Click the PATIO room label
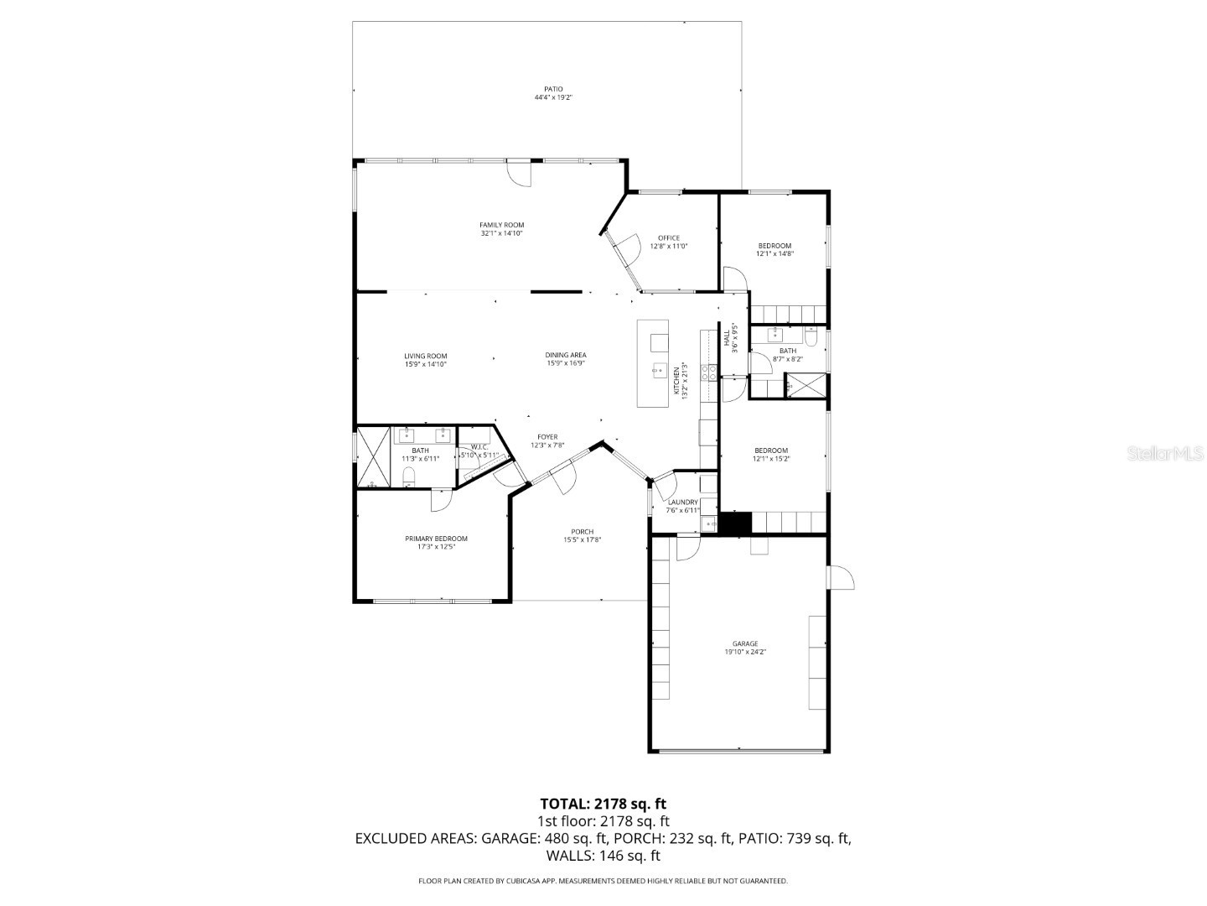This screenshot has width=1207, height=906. pyautogui.click(x=553, y=89)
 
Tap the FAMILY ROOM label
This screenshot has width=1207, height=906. pyautogui.click(x=501, y=225)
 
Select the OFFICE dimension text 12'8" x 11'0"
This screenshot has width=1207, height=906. pyautogui.click(x=668, y=247)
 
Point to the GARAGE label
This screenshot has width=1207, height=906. pyautogui.click(x=745, y=643)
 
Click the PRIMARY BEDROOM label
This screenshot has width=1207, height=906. pyautogui.click(x=436, y=539)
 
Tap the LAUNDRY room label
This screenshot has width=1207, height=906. pyautogui.click(x=682, y=502)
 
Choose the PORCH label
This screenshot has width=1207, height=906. pyautogui.click(x=582, y=532)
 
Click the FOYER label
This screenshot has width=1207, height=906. pyautogui.click(x=547, y=437)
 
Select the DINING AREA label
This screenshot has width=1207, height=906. pyautogui.click(x=566, y=355)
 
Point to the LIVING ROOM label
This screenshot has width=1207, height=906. pyautogui.click(x=425, y=356)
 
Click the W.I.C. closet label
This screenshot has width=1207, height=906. pyautogui.click(x=479, y=447)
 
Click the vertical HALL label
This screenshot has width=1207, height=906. pyautogui.click(x=726, y=337)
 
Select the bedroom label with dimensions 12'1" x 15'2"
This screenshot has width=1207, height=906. pyautogui.click(x=770, y=450)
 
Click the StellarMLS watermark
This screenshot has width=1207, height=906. pyautogui.click(x=1165, y=454)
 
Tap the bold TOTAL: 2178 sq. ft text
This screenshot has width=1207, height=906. pyautogui.click(x=603, y=804)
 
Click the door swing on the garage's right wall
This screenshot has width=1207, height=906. pyautogui.click(x=841, y=578)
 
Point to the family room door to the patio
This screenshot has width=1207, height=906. pyautogui.click(x=520, y=174)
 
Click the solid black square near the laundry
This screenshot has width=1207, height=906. pyautogui.click(x=736, y=523)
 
